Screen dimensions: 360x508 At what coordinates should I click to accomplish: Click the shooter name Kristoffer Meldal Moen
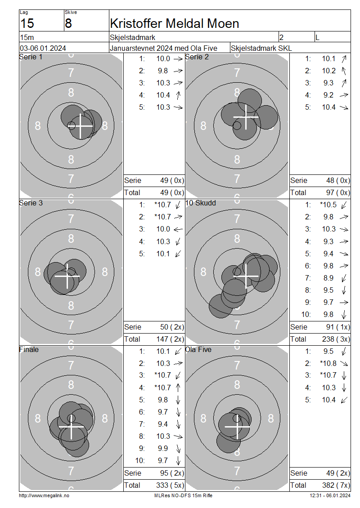point(175,24)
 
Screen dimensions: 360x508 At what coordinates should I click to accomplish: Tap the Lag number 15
point(27,24)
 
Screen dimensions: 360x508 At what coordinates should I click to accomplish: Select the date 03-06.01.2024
point(43,48)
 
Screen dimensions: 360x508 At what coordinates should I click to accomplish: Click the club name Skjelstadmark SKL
point(261,48)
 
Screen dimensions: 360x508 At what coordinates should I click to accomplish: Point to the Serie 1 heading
point(31,57)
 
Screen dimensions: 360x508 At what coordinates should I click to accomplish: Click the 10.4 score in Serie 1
point(163,95)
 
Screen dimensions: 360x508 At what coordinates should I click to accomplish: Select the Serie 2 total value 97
point(330,193)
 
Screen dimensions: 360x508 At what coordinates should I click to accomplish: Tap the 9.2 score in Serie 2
point(328,95)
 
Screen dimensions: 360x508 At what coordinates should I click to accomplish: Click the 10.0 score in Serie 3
point(163,229)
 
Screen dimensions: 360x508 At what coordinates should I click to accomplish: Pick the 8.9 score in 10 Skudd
point(328,278)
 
